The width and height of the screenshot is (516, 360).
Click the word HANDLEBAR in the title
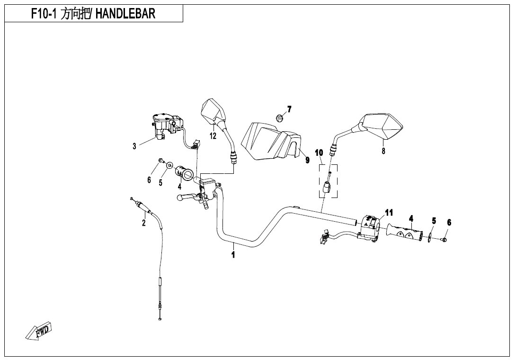point(125,14)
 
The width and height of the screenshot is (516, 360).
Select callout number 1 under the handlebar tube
point(233,254)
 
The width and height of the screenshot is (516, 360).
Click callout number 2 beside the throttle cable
point(143,223)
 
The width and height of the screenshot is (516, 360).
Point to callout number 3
point(134,146)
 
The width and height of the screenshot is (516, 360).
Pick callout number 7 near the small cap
point(289,109)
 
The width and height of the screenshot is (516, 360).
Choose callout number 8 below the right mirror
point(383,151)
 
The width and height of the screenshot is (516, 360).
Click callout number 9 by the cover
point(307,160)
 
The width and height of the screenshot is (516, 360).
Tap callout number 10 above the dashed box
point(319,153)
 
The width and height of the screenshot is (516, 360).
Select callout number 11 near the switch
point(389,213)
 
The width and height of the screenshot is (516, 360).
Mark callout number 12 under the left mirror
point(213,135)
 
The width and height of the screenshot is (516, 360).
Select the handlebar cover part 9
point(270,141)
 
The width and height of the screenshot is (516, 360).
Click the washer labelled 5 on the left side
point(169,165)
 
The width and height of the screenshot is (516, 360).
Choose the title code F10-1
point(45,14)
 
